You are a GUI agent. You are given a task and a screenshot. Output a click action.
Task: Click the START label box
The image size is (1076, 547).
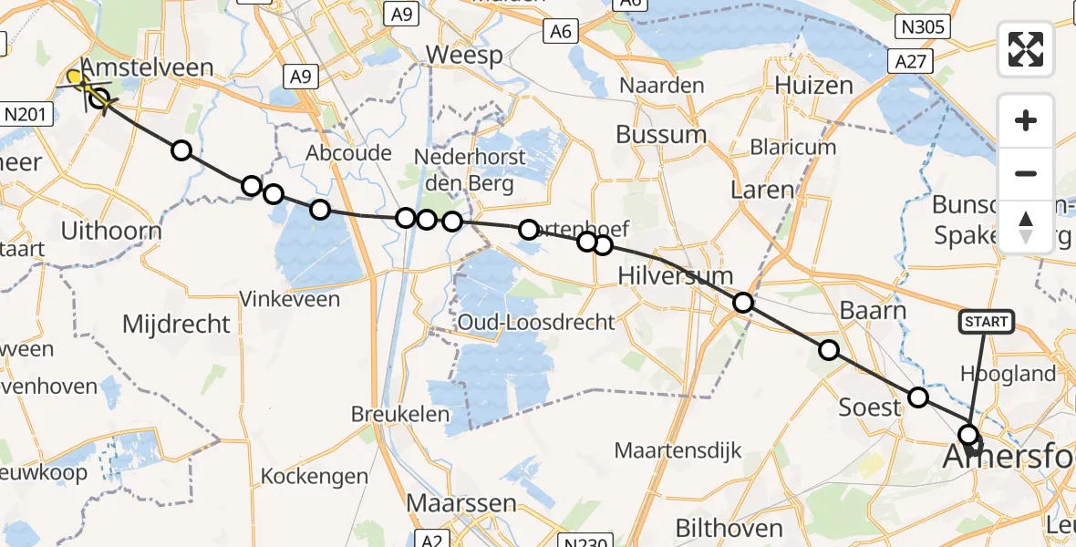[x=986, y=321]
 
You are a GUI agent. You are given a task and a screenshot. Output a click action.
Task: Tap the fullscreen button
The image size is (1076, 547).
[x=1026, y=49]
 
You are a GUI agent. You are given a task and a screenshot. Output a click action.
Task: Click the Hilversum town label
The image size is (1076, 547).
[x=676, y=275]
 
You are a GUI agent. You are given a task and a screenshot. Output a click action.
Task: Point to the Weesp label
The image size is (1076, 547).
[x=464, y=56]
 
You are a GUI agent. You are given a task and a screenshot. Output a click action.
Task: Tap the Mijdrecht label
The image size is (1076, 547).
[x=176, y=324]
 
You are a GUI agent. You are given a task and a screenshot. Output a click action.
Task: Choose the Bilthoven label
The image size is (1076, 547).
[x=729, y=527]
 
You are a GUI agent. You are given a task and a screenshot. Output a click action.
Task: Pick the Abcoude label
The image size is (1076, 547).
[x=350, y=152]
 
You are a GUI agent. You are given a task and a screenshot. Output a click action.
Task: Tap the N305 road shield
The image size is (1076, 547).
[x=926, y=27]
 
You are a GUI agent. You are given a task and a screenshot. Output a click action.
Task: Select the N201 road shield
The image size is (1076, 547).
[x=26, y=114]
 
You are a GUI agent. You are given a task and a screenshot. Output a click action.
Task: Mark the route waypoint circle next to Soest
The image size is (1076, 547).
[x=918, y=397]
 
